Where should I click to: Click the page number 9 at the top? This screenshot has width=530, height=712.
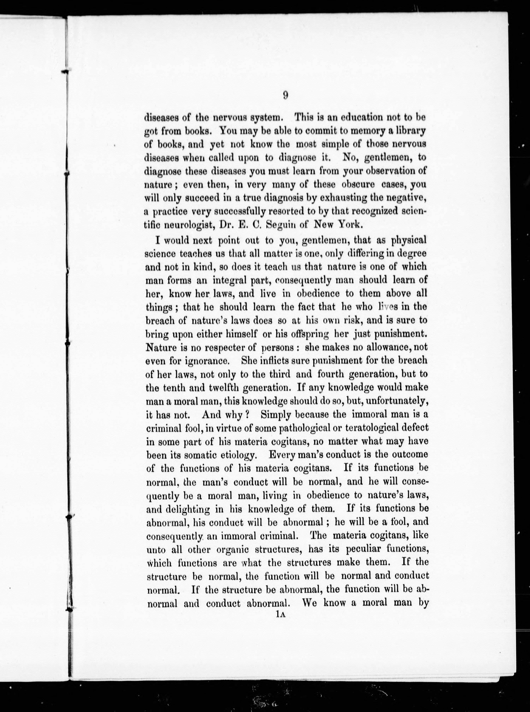tap(285, 95)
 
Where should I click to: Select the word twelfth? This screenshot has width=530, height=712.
tap(225, 388)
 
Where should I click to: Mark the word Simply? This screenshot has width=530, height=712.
tap(276, 415)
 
